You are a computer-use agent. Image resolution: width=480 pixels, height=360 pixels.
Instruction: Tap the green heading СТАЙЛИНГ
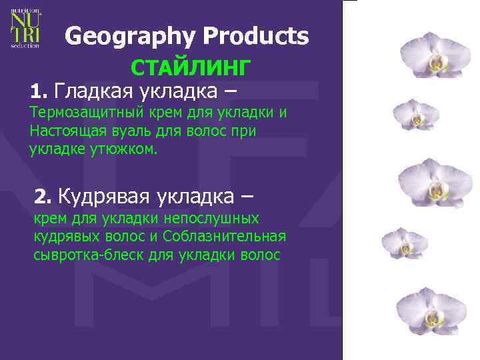coord(191,68)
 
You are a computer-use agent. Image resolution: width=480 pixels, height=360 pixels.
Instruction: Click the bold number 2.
coord(43,196)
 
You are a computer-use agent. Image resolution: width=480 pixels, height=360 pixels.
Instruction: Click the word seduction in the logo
coord(25,45)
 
